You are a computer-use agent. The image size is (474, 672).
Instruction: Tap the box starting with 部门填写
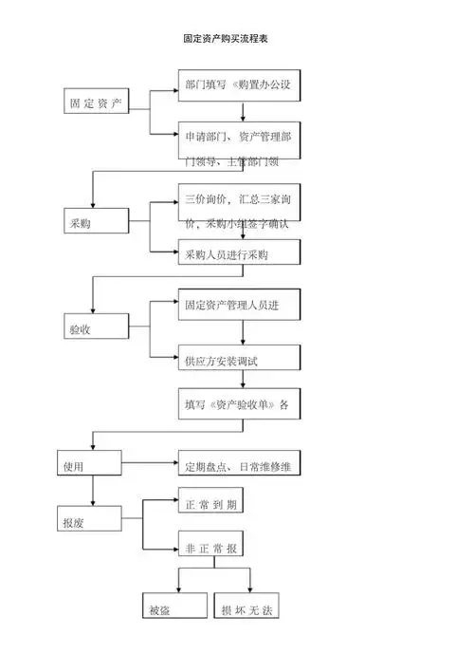(239, 85)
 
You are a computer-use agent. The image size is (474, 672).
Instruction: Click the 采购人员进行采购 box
(239, 253)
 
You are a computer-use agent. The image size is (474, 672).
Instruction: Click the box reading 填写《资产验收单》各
(239, 403)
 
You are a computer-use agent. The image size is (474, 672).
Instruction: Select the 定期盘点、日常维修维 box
(239, 465)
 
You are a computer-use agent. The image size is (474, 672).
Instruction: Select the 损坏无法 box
(249, 608)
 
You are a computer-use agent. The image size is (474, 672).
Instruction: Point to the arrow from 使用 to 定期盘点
(150, 465)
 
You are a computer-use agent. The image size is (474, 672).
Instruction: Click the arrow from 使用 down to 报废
(92, 491)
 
